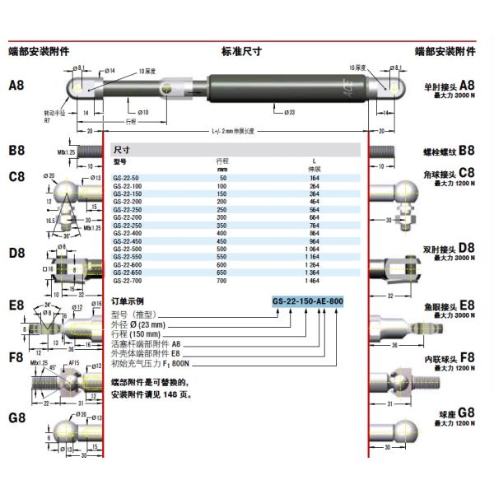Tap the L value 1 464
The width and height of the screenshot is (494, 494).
point(314,282)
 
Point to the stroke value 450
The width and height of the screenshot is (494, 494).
point(221,242)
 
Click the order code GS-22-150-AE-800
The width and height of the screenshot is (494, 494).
point(307,301)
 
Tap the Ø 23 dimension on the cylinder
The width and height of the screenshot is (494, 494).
point(290,110)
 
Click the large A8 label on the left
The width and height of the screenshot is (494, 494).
point(16,85)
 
